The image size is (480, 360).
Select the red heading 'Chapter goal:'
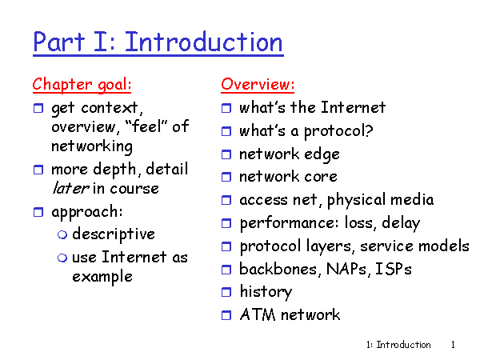[82, 85]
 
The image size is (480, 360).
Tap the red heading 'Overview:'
[258, 84]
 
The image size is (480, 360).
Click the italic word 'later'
[70, 188]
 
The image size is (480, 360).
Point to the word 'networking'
[92, 146]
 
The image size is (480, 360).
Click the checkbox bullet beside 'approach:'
[38, 212]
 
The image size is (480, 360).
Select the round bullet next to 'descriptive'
[62, 234]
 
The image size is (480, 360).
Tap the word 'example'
[102, 277]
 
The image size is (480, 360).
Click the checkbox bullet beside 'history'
[226, 292]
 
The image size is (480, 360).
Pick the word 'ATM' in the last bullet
[258, 314]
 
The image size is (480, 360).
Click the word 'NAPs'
[346, 269]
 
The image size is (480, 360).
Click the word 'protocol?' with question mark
[338, 132]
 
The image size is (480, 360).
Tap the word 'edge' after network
[322, 154]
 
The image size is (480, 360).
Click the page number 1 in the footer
[453, 345]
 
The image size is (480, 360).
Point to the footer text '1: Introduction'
[398, 345]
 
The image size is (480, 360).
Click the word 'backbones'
[278, 269]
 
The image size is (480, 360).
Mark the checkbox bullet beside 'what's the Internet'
[226, 108]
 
